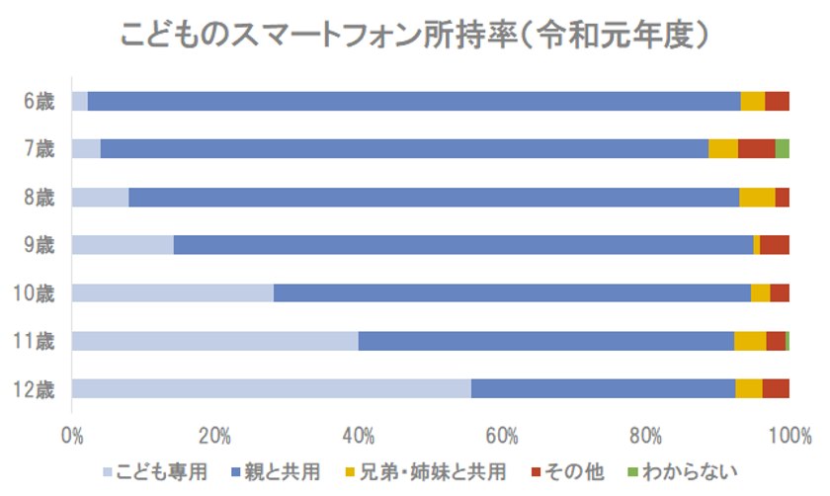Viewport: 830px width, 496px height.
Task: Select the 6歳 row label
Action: tap(41, 101)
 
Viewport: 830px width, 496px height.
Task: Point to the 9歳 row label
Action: tap(41, 245)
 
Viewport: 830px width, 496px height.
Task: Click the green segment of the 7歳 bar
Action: tap(782, 149)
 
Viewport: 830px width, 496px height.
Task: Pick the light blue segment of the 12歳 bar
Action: tap(271, 388)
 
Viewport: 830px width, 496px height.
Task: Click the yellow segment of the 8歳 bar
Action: tap(757, 197)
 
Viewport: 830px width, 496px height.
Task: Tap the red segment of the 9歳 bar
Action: tap(774, 245)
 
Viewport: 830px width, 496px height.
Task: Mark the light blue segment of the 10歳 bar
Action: tap(172, 292)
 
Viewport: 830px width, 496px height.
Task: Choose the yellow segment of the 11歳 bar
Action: tap(750, 341)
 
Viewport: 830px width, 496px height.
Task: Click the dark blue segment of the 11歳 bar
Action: tap(545, 341)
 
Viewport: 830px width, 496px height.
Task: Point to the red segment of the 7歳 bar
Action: tap(756, 149)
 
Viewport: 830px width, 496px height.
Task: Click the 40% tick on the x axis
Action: tap(358, 435)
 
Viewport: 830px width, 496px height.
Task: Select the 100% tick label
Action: tap(790, 435)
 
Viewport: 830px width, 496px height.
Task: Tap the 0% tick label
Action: tap(72, 435)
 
